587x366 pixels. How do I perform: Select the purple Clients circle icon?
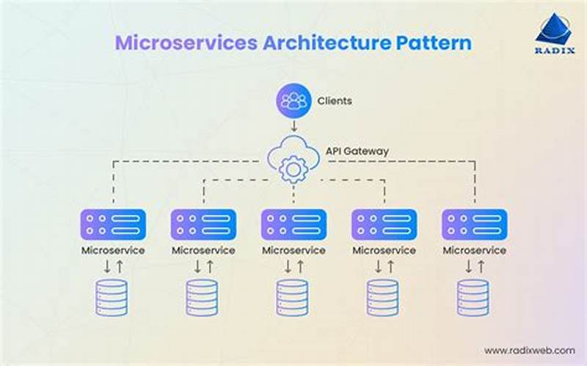(x=293, y=101)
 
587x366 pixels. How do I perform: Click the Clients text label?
(x=335, y=101)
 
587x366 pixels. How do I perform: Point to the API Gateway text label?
(x=358, y=151)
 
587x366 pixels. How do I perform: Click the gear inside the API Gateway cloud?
(x=293, y=169)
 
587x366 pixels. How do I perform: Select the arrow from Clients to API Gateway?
(x=293, y=126)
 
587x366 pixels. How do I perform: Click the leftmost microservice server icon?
(x=112, y=224)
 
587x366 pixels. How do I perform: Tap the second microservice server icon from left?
(x=203, y=224)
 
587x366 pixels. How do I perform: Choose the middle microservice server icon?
(x=293, y=224)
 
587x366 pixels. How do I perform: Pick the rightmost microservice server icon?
(x=474, y=224)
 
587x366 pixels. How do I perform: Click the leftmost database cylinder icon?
(x=112, y=297)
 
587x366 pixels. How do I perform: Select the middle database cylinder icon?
(x=293, y=297)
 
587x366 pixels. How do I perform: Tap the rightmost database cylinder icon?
(x=474, y=297)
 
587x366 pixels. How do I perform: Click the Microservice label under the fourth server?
(x=384, y=250)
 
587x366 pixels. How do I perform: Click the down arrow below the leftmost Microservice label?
(x=106, y=267)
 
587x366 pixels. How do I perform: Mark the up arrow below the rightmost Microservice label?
(x=481, y=267)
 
